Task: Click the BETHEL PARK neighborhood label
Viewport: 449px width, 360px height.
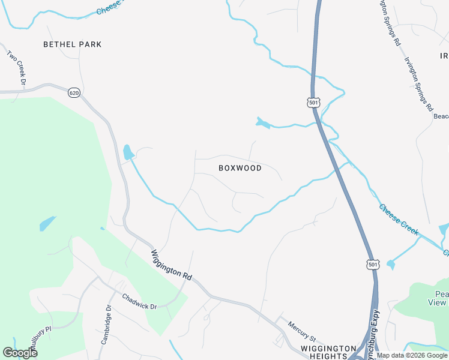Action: (x=73, y=44)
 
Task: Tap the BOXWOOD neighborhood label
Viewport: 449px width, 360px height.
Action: (x=240, y=168)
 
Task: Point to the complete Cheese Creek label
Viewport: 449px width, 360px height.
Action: (x=399, y=220)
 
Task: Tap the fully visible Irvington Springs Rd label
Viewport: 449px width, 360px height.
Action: (x=418, y=84)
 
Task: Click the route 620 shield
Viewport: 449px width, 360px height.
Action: (x=74, y=92)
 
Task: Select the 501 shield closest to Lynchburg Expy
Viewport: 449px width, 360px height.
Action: (x=373, y=264)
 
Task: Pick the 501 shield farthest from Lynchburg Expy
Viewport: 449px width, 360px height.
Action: (x=313, y=103)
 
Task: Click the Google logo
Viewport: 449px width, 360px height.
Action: (x=20, y=353)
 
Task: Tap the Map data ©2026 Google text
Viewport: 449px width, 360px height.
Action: (x=411, y=355)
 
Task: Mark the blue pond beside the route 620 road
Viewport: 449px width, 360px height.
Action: (x=128, y=152)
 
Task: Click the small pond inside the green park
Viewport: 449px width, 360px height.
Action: (x=47, y=224)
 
